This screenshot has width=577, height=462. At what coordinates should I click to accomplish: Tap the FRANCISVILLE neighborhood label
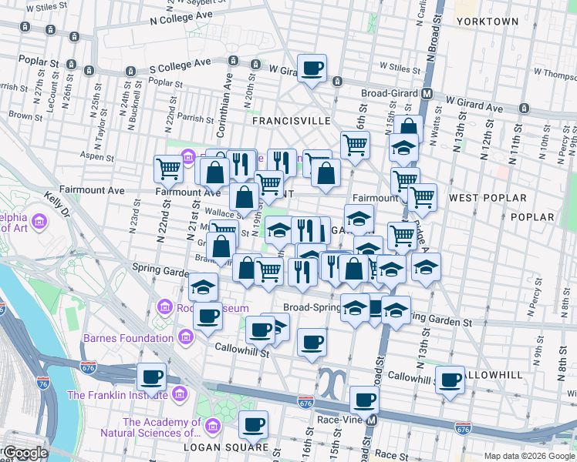pyautogui.click(x=292, y=121)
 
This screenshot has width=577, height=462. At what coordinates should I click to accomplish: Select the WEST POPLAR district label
pyautogui.click(x=487, y=198)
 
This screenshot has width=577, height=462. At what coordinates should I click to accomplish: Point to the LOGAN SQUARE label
pyautogui.click(x=235, y=447)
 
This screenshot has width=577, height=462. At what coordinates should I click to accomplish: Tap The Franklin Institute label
pyautogui.click(x=117, y=395)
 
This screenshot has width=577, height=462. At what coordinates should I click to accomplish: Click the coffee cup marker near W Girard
pyautogui.click(x=312, y=69)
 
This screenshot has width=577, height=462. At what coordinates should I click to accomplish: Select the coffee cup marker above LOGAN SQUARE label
pyautogui.click(x=252, y=423)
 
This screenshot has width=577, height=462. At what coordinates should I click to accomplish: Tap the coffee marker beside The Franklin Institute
pyautogui.click(x=152, y=377)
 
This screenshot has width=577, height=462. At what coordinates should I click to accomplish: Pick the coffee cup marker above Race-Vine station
pyautogui.click(x=363, y=400)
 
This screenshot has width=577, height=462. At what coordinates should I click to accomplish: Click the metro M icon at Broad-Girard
pyautogui.click(x=426, y=94)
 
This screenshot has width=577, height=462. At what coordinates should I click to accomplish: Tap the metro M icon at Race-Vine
pyautogui.click(x=372, y=420)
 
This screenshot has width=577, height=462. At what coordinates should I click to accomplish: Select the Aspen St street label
pyautogui.click(x=98, y=157)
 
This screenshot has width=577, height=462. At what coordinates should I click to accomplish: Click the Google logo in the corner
pyautogui.click(x=25, y=453)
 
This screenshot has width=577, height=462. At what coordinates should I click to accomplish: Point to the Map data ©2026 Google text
pyautogui.click(x=529, y=456)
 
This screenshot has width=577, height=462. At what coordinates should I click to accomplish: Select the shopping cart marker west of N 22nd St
pyautogui.click(x=167, y=168)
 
